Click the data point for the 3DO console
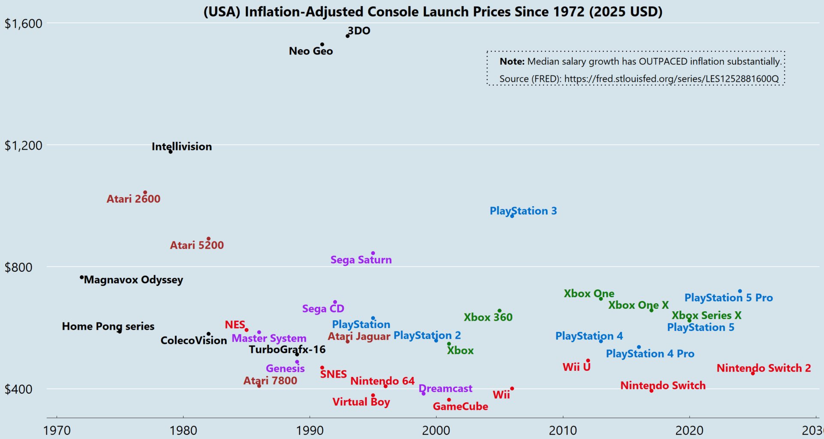point(348,36)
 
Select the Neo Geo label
point(311,51)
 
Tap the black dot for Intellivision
point(170,152)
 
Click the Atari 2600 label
point(133,199)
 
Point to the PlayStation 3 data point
point(512,216)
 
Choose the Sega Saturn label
point(361,260)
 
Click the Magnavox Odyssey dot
point(82,277)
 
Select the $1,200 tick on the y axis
point(24,145)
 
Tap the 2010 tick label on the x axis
point(563,430)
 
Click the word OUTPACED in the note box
point(663,62)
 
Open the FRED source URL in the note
point(671,79)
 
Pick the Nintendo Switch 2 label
point(763,368)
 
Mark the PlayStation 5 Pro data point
point(740,291)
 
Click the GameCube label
point(460,406)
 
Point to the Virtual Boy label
point(361,402)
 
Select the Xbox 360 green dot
point(499,311)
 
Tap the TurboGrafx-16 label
point(287,349)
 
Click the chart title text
point(433,12)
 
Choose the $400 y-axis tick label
point(18,389)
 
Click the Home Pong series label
point(108,326)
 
